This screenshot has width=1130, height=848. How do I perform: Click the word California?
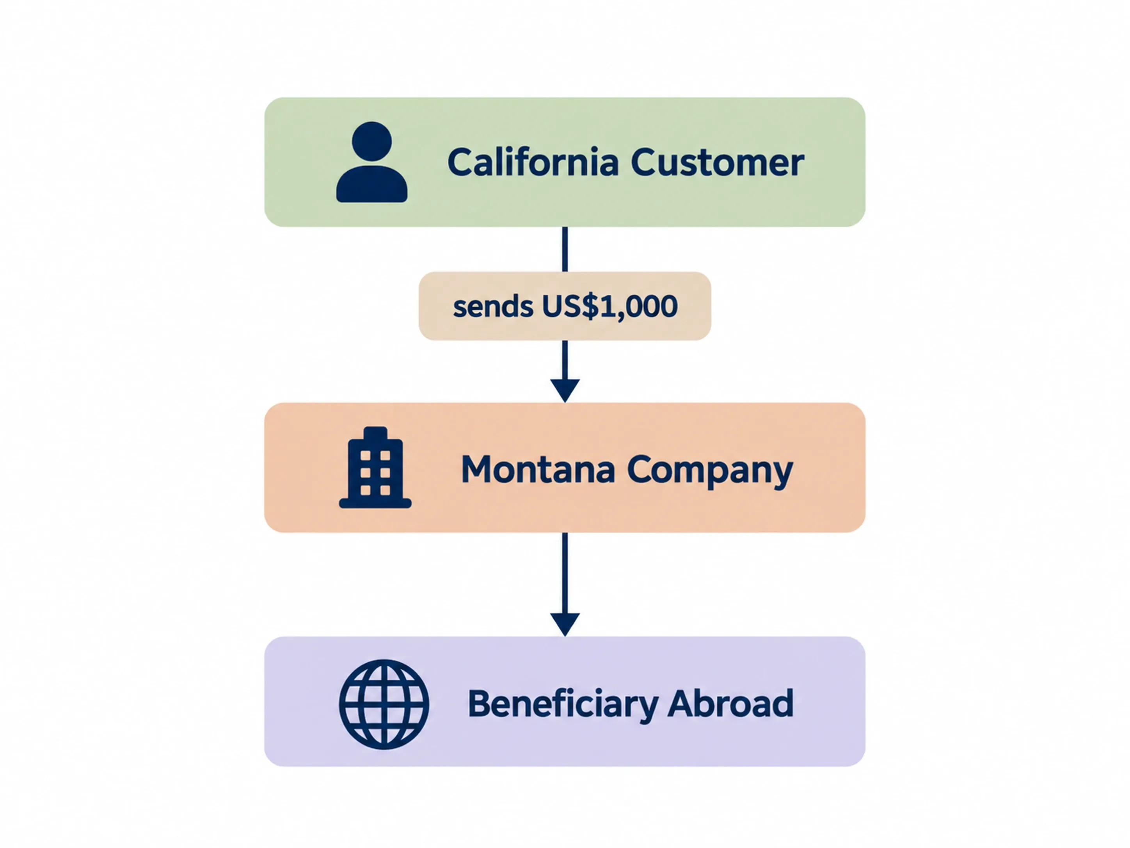coord(533,162)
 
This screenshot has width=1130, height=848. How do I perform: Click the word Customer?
coord(717,162)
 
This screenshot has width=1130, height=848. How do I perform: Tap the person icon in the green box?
coord(372,162)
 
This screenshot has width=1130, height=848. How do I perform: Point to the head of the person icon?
coord(372,141)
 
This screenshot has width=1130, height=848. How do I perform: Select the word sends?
coord(493,307)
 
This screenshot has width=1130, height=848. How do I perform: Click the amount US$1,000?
coord(609,306)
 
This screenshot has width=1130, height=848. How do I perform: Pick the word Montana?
coord(538,469)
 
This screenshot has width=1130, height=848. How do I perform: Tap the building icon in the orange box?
coord(375,467)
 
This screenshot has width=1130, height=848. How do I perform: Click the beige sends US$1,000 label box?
coord(565,306)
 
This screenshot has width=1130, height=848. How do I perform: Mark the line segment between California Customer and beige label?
coord(565,249)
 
